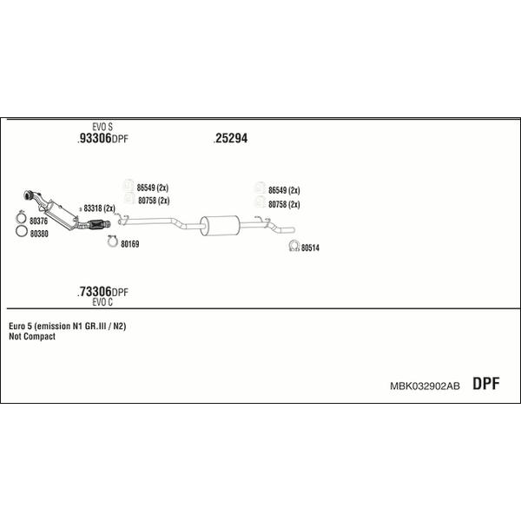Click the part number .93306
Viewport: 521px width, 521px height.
(95, 138)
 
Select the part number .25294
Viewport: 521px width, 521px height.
(231, 138)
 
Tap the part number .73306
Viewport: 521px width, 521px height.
(95, 292)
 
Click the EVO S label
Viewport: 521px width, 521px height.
(102, 127)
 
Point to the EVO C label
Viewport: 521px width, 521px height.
(102, 302)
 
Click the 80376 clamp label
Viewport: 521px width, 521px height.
(38, 221)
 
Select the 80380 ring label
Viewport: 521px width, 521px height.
(39, 234)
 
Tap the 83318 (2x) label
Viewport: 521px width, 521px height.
(99, 208)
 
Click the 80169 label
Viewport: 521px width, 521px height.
(130, 244)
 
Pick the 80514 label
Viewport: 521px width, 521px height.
(310, 247)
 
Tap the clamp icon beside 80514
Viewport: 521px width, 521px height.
(294, 246)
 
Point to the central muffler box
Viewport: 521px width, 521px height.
(220, 226)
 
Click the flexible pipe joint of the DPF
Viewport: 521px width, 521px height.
(96, 225)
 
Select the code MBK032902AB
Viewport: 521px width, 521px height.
(425, 386)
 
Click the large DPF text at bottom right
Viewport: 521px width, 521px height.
(486, 384)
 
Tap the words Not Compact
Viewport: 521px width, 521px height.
(32, 337)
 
